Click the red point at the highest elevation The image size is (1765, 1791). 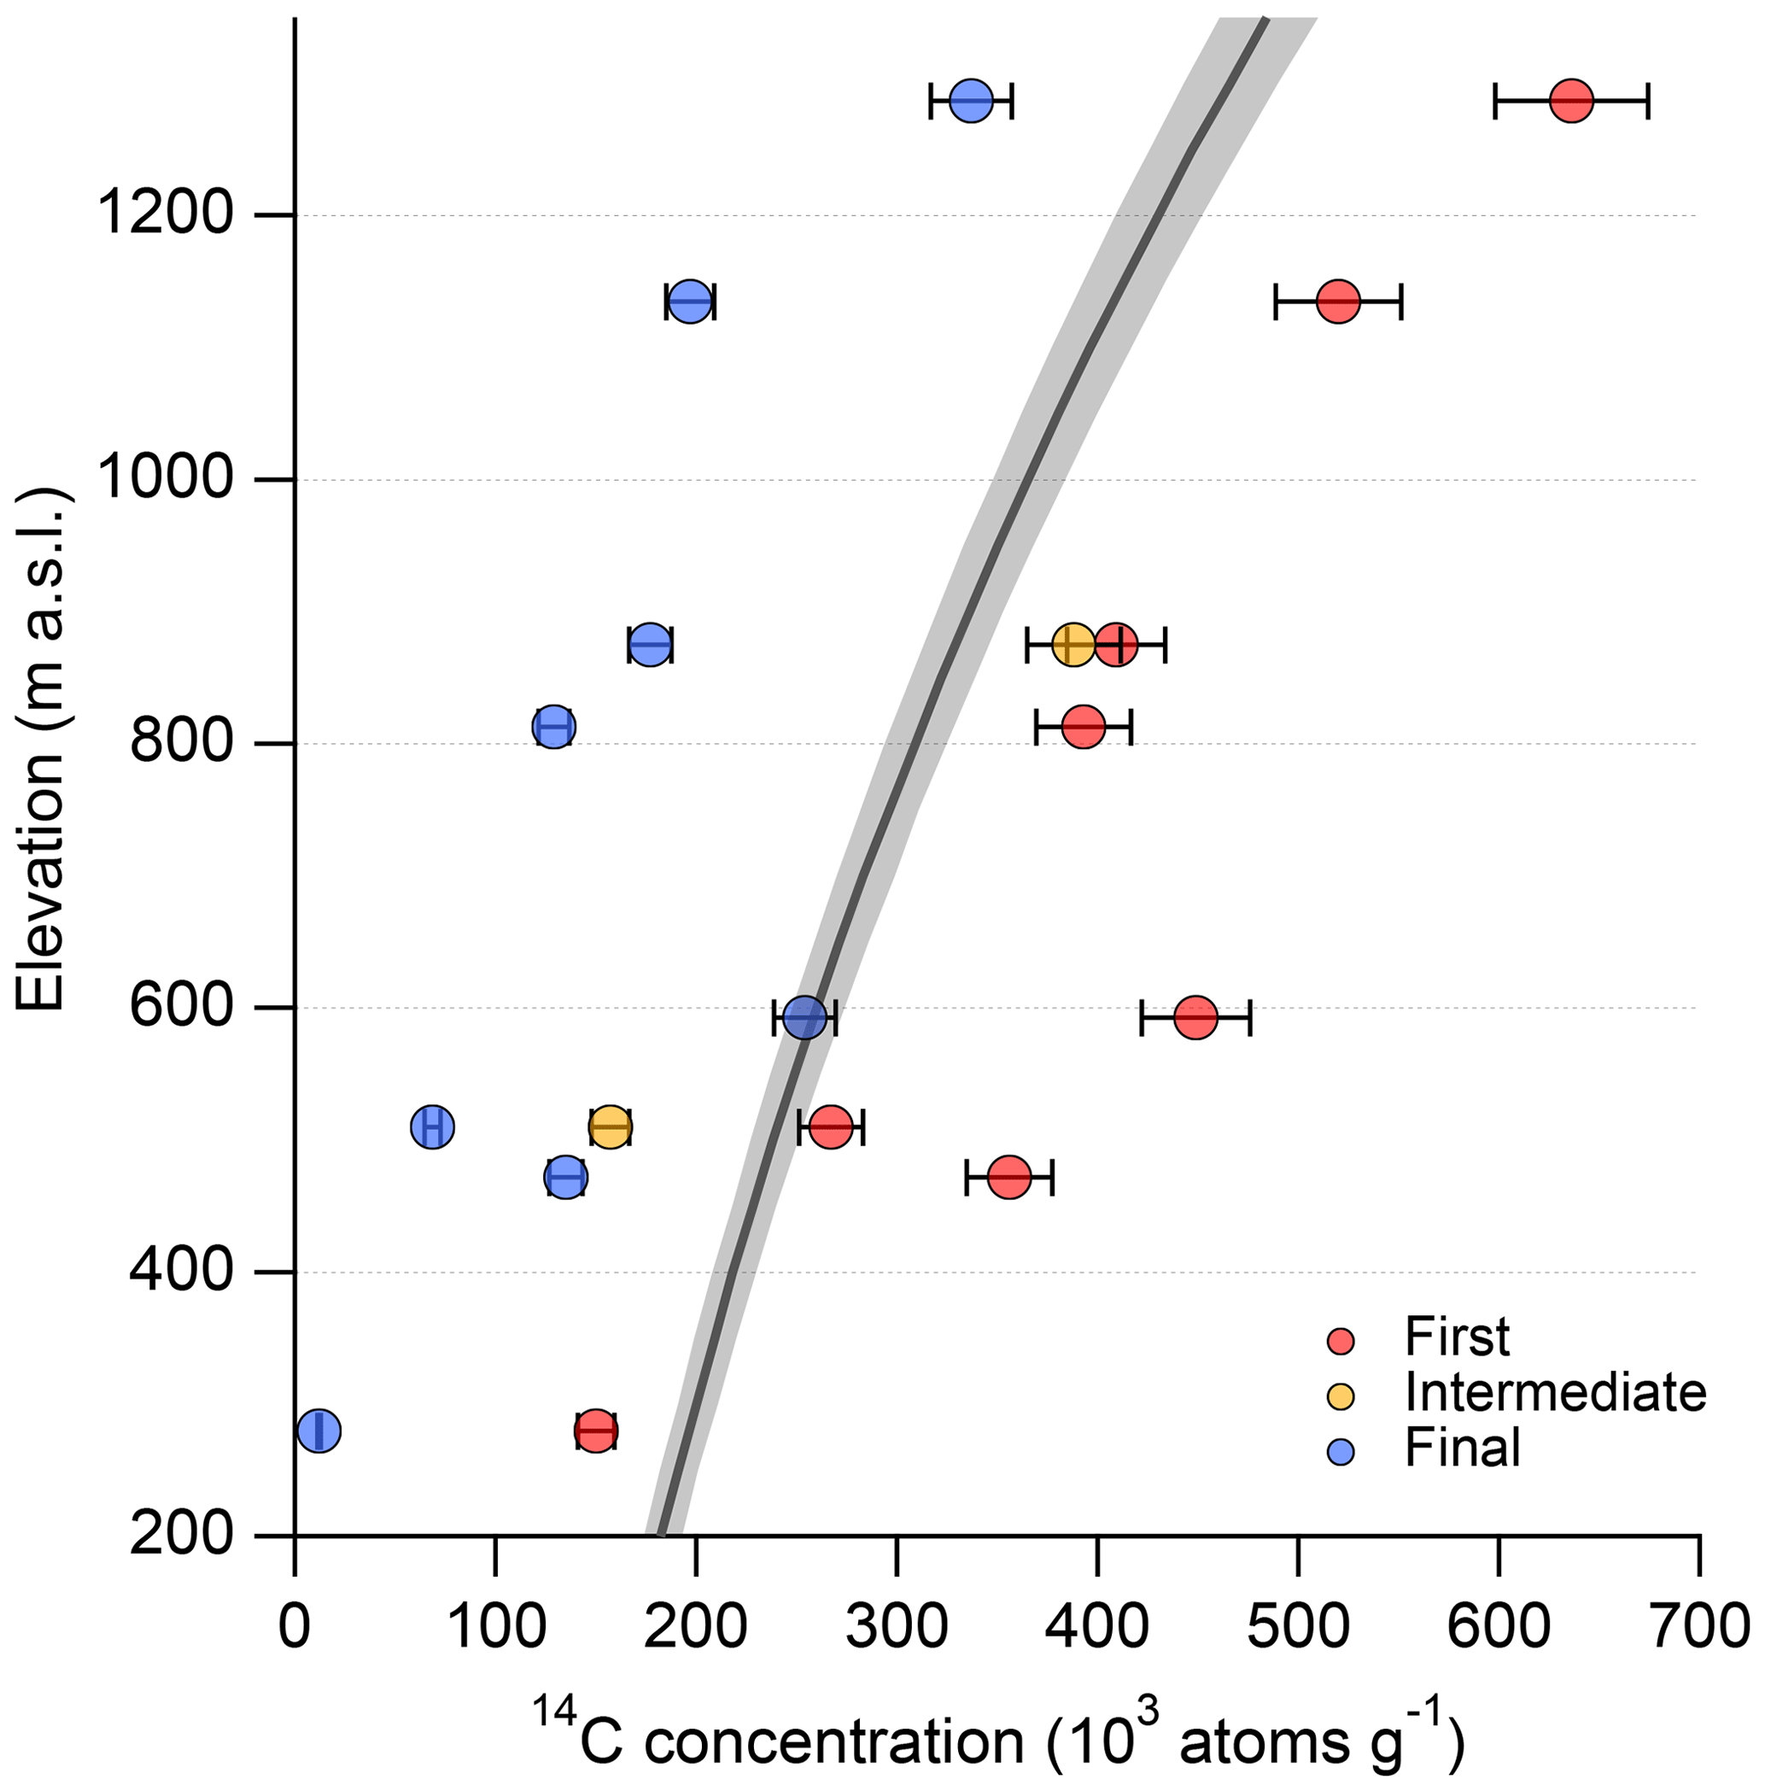tap(1571, 100)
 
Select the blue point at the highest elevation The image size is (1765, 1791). tap(972, 100)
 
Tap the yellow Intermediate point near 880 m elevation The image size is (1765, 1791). tap(1073, 644)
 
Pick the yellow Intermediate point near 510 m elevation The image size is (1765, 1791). tap(610, 1127)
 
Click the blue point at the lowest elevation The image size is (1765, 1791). tap(319, 1431)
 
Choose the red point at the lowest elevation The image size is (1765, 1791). tap(596, 1431)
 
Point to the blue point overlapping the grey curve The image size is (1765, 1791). tap(804, 1018)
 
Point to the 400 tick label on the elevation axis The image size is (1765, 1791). tap(181, 1272)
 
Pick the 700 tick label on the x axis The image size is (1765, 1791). tap(1698, 1628)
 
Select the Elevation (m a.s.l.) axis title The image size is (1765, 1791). tap(42, 746)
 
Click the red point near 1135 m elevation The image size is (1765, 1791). tap(1339, 301)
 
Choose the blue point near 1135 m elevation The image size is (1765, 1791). tap(690, 301)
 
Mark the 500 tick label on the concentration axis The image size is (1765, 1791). tap(1298, 1628)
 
